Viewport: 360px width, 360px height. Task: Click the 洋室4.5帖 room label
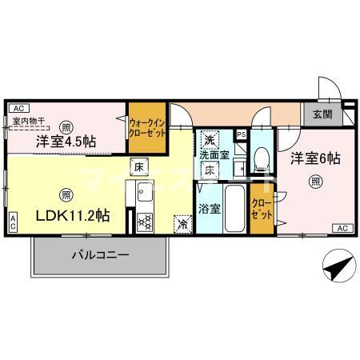[66, 142]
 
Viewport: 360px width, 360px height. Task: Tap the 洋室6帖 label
[315, 158]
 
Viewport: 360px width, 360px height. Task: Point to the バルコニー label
[100, 256]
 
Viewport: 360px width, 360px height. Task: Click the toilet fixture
[261, 158]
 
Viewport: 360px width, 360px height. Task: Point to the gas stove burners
[145, 222]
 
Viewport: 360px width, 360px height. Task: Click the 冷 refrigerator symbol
[182, 225]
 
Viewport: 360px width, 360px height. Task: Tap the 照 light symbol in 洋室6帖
[316, 182]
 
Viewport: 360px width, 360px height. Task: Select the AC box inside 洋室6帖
[342, 230]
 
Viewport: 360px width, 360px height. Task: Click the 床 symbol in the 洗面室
[208, 170]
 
